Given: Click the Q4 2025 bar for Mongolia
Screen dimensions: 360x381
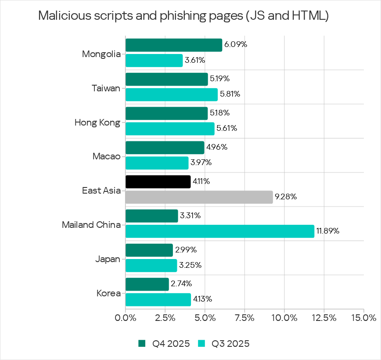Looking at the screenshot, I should (x=173, y=45).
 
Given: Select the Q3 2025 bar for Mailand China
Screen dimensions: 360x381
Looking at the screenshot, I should (x=219, y=231).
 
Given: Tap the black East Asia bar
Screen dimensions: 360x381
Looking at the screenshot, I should (x=158, y=182).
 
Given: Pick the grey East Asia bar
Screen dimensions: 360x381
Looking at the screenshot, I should (x=199, y=197).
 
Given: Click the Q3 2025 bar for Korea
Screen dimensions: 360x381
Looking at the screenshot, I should (x=158, y=299).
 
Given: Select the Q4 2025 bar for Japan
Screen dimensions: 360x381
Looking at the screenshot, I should (x=149, y=250).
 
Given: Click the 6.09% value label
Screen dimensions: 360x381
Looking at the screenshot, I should (x=235, y=45).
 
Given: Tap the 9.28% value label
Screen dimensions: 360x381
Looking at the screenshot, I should (x=286, y=197).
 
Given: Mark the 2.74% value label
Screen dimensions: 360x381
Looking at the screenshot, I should (x=182, y=284).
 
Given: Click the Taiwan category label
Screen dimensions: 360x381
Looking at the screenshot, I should (x=106, y=88).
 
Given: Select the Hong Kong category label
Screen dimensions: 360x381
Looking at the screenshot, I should (x=97, y=122).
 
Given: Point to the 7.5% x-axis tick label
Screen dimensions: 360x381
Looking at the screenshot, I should (x=245, y=317).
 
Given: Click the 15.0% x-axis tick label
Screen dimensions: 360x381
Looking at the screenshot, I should (x=363, y=317).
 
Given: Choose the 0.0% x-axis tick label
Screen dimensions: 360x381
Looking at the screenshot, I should (x=126, y=317).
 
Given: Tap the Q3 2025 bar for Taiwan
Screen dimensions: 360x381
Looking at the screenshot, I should (x=171, y=94).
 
